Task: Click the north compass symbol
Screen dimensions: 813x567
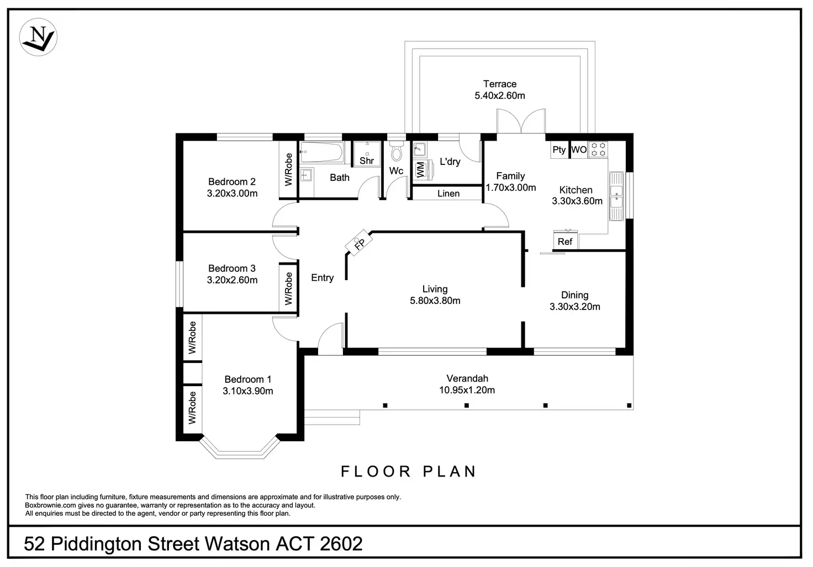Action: (x=38, y=37)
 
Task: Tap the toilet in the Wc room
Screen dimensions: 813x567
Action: (x=397, y=152)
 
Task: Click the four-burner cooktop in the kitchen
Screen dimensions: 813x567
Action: (x=598, y=149)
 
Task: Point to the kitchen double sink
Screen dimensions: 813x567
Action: (x=616, y=196)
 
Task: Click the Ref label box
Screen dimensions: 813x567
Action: (x=566, y=241)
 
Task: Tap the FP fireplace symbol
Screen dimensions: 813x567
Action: (x=358, y=242)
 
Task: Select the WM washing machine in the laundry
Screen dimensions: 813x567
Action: (x=423, y=170)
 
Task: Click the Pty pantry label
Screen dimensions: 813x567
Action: (x=559, y=149)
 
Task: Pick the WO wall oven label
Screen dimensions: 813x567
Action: (x=579, y=149)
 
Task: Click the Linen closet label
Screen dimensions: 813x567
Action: (x=448, y=194)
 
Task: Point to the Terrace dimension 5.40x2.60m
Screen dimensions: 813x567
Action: (x=500, y=96)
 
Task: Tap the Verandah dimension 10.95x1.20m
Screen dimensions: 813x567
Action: (x=467, y=390)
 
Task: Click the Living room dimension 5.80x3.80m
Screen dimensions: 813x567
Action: (x=435, y=301)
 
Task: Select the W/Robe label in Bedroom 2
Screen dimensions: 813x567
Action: (x=288, y=169)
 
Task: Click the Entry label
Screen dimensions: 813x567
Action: (x=323, y=278)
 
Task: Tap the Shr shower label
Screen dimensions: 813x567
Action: (x=367, y=161)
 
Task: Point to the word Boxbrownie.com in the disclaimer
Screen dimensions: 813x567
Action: (x=50, y=505)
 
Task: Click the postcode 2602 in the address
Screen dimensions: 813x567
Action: (x=341, y=544)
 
